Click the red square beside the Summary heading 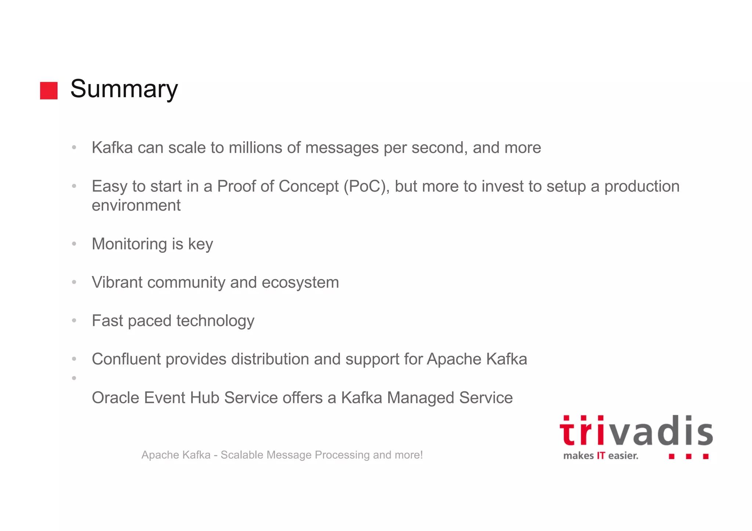pos(49,91)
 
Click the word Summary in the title pos(124,89)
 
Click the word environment pos(136,206)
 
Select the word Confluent pos(126,359)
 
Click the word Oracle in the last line pos(115,398)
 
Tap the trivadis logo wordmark pos(636,431)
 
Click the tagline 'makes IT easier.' pos(601,456)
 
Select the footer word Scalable pos(242,455)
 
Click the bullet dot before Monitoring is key pos(74,244)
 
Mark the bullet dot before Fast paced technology pos(74,321)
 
